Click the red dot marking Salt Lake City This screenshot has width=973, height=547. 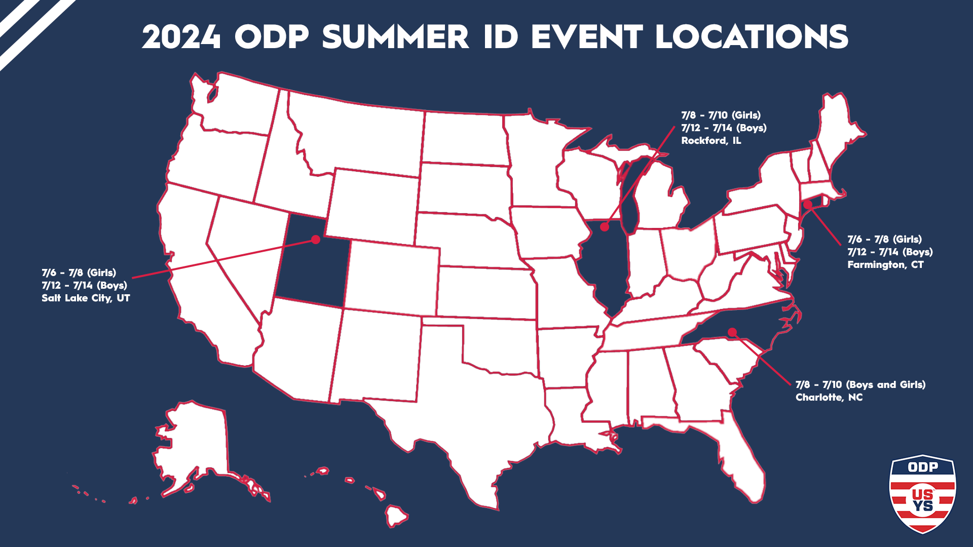[316, 239]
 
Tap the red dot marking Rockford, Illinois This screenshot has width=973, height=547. [605, 227]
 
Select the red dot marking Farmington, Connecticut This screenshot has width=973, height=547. [808, 205]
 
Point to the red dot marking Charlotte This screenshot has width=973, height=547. [732, 332]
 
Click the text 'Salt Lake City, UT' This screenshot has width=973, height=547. [86, 298]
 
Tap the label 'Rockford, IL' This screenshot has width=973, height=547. [710, 141]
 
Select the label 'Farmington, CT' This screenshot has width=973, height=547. [885, 265]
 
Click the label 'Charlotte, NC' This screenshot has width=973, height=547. [829, 398]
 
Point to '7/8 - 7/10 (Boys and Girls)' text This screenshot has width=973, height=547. [860, 385]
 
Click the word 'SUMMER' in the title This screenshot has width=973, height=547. [395, 37]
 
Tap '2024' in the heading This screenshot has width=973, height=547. [181, 37]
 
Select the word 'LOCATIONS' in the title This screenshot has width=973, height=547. [752, 37]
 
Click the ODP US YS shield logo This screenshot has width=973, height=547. [922, 494]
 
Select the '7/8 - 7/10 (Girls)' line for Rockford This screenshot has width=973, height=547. [720, 115]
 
